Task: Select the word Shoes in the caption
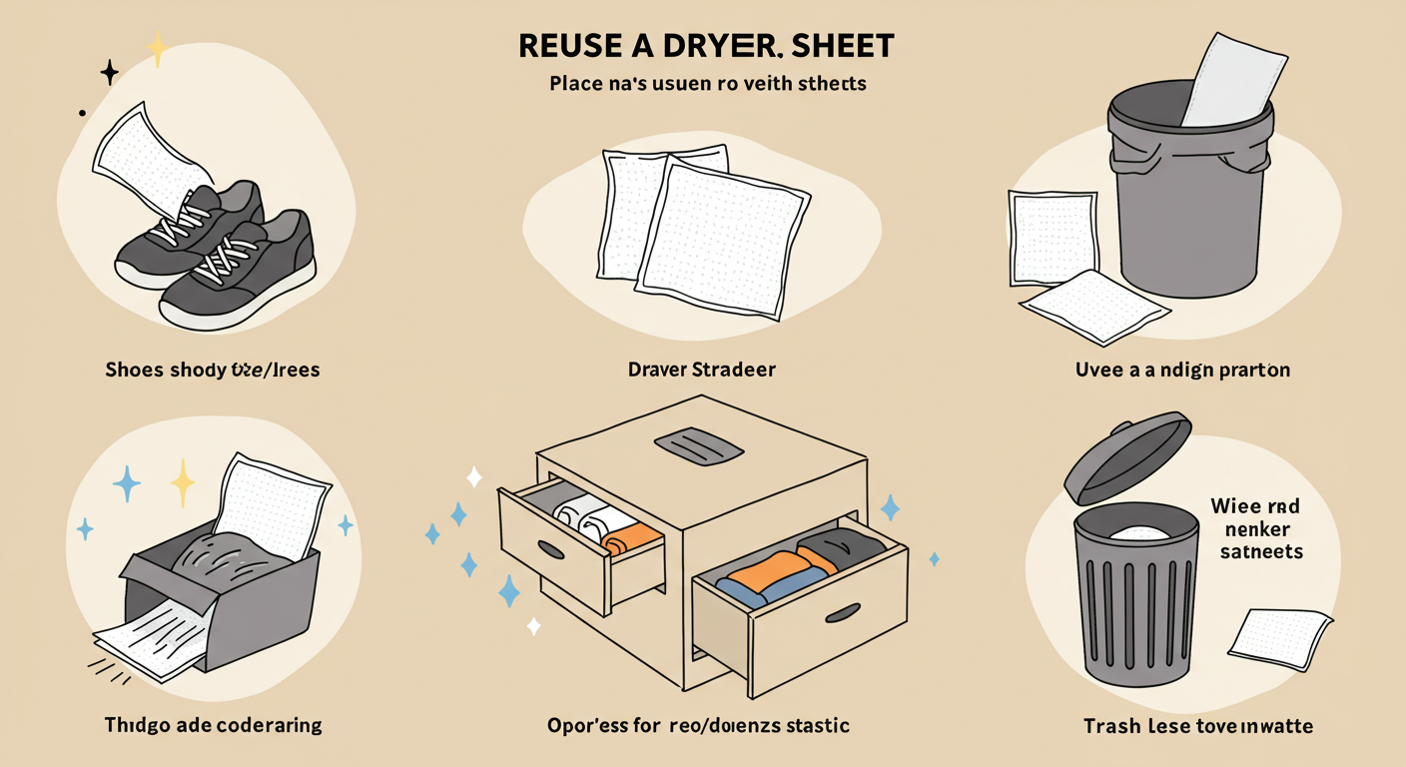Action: [x=133, y=371]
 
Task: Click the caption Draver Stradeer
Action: [x=701, y=370]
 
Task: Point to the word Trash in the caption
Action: [x=1111, y=726]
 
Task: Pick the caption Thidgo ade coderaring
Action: [x=213, y=725]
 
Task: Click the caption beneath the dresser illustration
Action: [x=699, y=725]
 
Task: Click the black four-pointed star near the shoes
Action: [x=110, y=72]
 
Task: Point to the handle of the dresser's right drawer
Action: [x=844, y=612]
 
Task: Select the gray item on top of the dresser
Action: [x=699, y=446]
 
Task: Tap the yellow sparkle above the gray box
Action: [x=183, y=483]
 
